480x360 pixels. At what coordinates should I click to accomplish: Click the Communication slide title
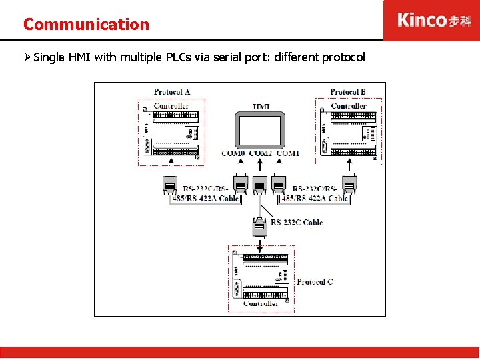tap(86, 25)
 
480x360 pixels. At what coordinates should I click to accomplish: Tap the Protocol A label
tap(171, 92)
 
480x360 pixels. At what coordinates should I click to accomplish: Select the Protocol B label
tap(348, 92)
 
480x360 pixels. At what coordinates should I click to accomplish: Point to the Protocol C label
tap(315, 282)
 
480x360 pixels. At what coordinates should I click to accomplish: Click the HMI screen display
tap(260, 130)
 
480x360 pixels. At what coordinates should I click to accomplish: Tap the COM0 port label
tap(233, 153)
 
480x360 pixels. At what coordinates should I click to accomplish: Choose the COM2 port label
tap(261, 153)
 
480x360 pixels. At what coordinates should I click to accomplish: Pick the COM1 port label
tap(288, 153)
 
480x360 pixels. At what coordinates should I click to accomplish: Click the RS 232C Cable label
tap(297, 223)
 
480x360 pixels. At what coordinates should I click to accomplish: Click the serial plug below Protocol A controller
tap(170, 185)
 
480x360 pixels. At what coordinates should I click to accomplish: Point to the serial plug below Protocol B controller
tap(349, 185)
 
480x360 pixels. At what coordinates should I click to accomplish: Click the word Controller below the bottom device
tap(261, 304)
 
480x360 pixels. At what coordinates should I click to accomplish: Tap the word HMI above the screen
tap(261, 107)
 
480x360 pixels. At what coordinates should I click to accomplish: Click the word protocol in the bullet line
tap(343, 57)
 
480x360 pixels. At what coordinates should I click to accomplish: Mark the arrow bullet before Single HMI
tap(27, 57)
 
